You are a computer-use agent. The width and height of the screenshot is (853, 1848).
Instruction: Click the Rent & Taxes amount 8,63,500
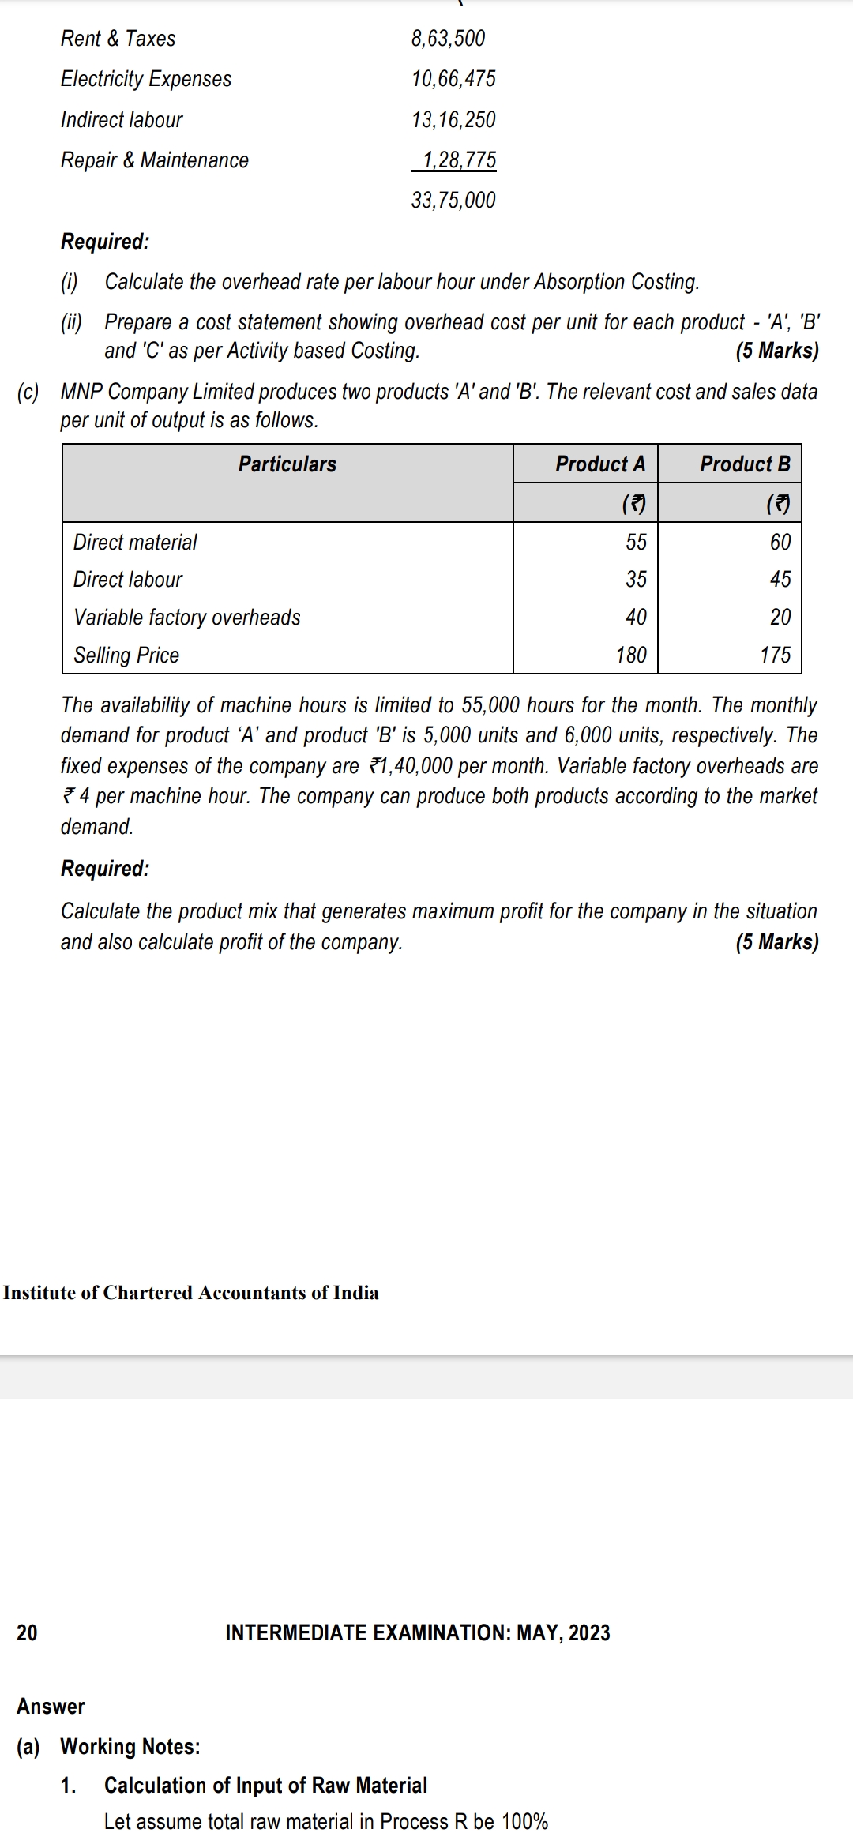tap(448, 39)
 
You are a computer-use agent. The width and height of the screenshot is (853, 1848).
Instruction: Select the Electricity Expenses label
tap(146, 79)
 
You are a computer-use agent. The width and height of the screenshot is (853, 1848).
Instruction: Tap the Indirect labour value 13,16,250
tap(453, 120)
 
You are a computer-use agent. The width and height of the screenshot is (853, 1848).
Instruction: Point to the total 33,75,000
tap(453, 201)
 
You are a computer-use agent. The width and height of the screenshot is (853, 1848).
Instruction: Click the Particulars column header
tap(287, 464)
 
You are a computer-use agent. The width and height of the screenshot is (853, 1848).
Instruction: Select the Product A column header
tap(600, 464)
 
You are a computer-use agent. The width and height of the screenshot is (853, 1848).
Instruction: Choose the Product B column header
tap(745, 464)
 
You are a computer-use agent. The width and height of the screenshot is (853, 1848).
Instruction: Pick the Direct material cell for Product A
tap(636, 543)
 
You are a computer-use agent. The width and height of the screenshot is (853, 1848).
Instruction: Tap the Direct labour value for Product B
tap(780, 580)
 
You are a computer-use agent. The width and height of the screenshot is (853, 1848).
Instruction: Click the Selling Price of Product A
tap(631, 655)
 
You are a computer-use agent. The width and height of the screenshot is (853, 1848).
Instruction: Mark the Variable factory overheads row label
tap(187, 618)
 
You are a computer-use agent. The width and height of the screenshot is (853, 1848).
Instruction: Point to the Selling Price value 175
tap(775, 655)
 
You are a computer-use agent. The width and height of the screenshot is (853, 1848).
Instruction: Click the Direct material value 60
tap(780, 543)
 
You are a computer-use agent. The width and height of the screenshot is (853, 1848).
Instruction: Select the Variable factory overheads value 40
tap(636, 618)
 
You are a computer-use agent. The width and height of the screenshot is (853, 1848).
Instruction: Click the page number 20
tap(27, 1632)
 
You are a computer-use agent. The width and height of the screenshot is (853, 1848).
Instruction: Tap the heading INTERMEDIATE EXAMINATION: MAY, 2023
tap(418, 1632)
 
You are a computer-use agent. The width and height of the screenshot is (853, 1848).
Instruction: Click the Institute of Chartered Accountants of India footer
tap(191, 1293)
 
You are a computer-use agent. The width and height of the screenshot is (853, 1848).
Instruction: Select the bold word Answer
tap(51, 1706)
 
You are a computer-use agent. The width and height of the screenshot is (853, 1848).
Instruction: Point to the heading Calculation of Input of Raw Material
tap(265, 1785)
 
